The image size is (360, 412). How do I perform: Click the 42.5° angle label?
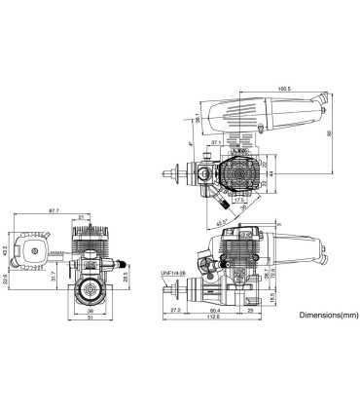click(228, 222)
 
